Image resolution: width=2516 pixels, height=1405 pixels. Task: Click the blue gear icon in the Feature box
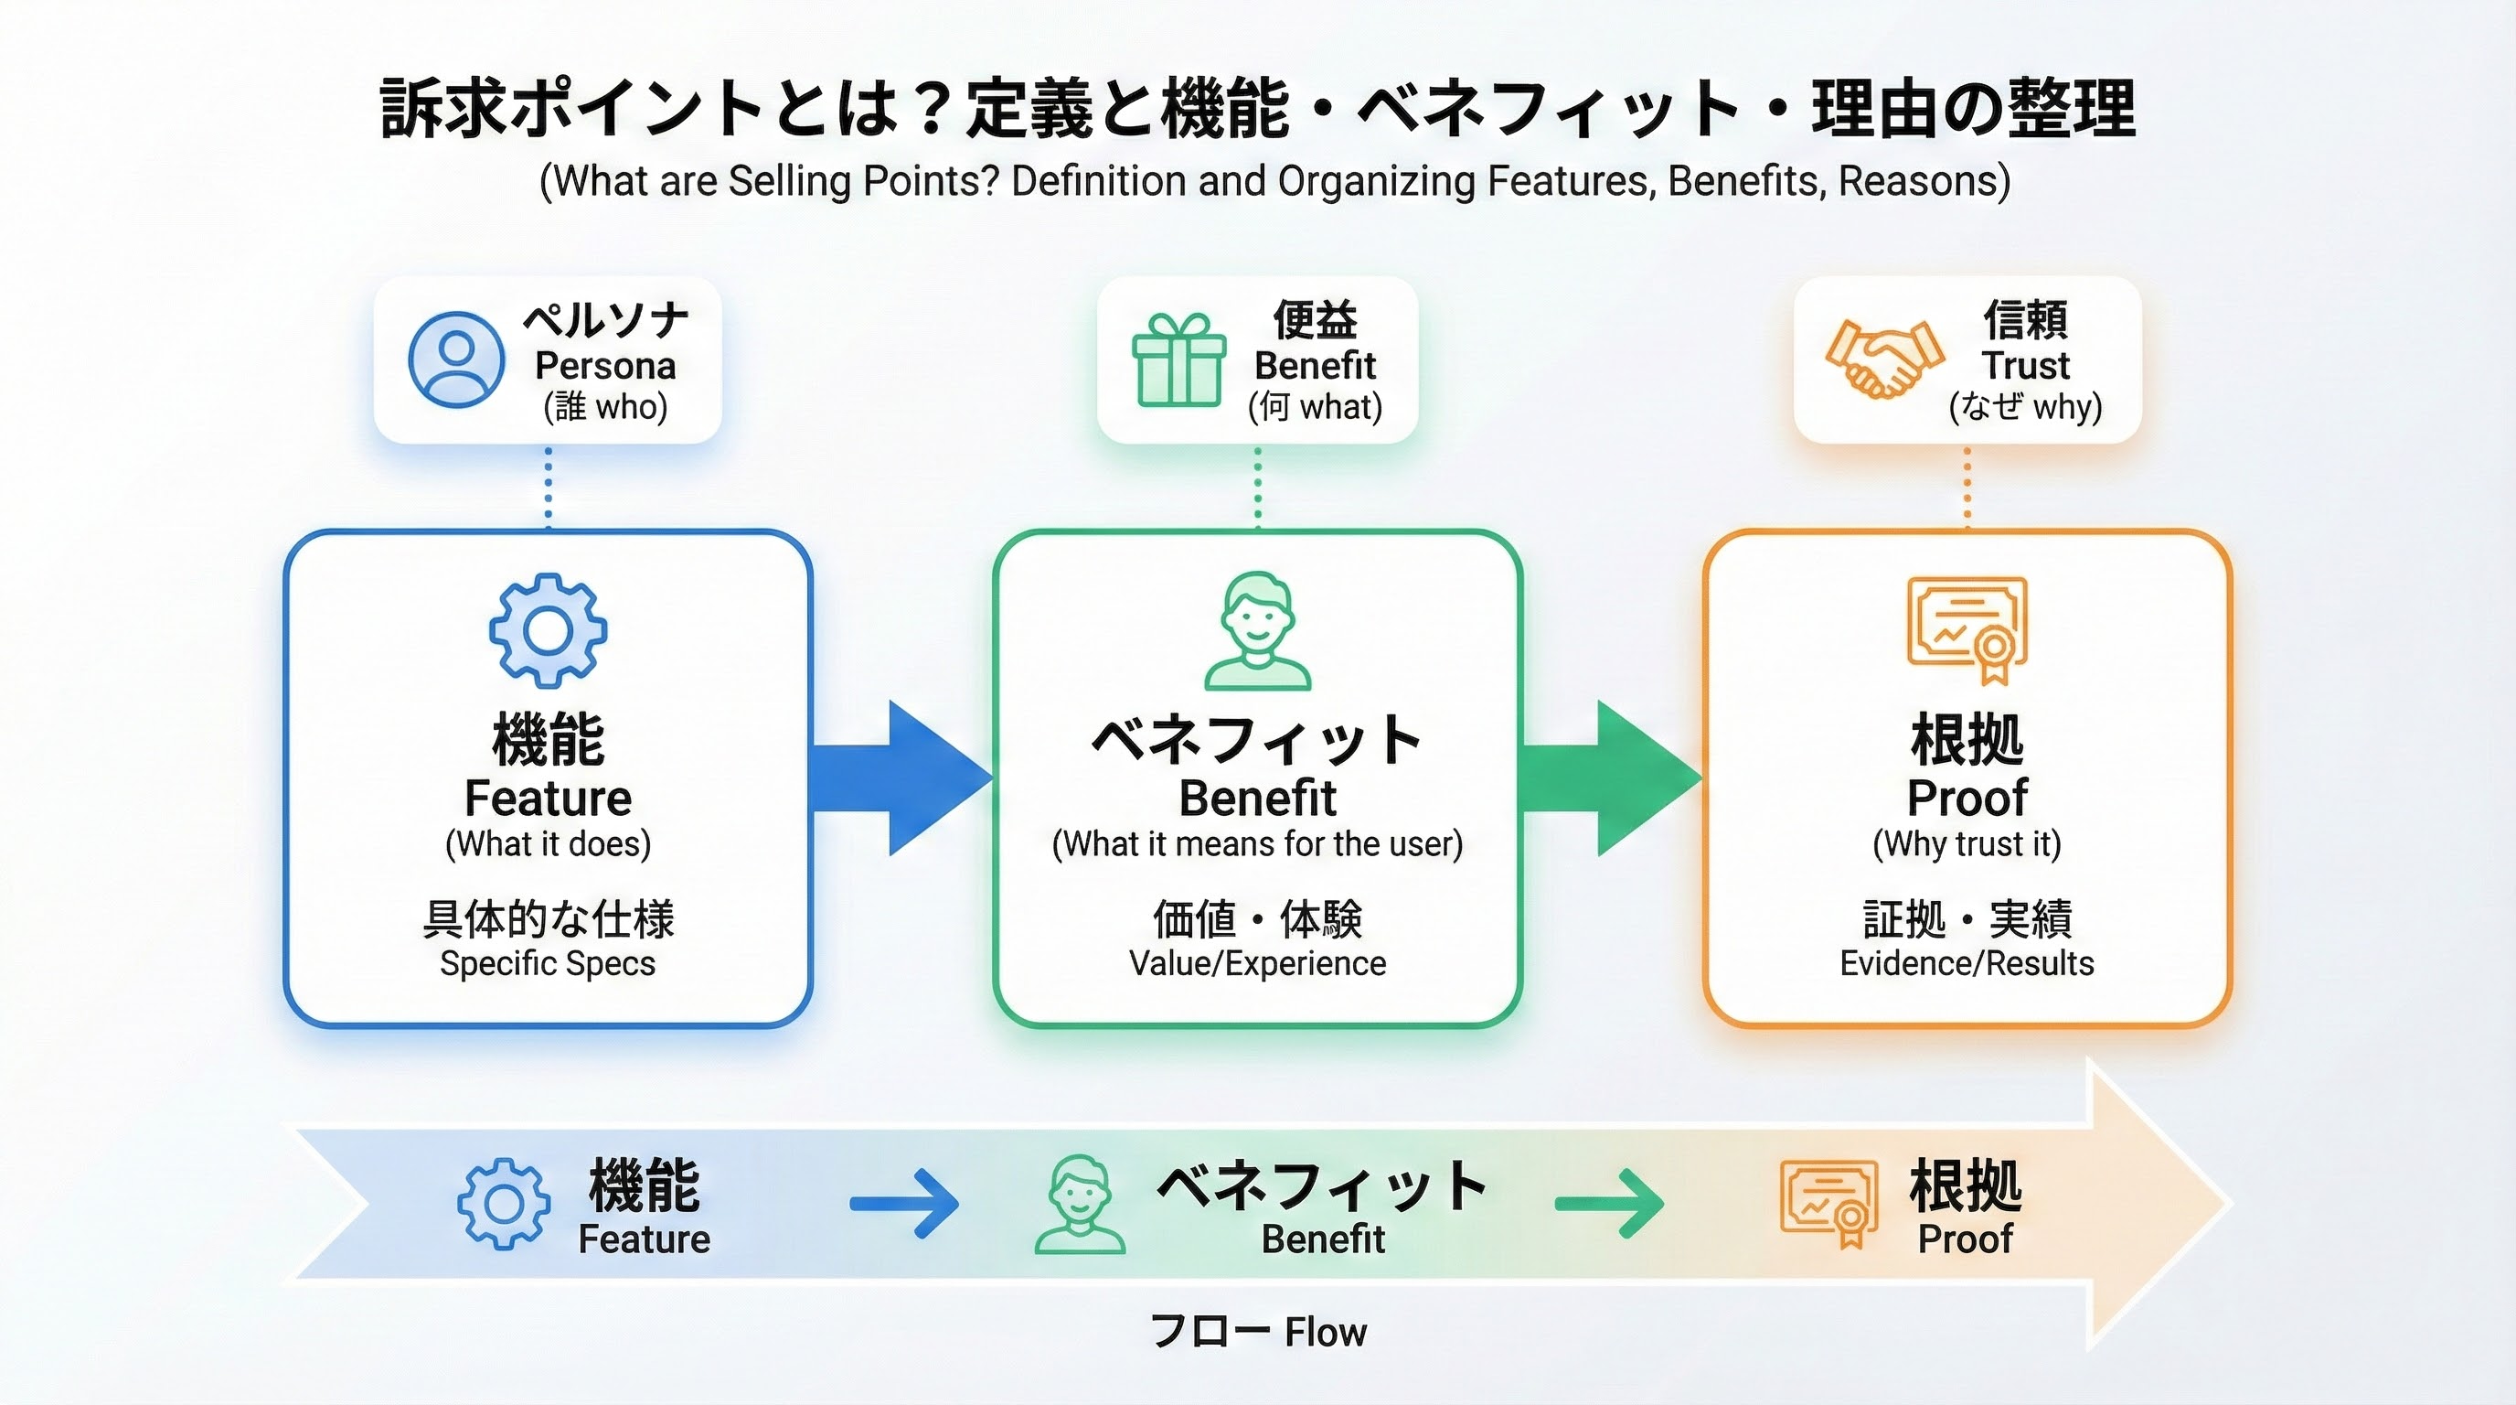pyautogui.click(x=548, y=631)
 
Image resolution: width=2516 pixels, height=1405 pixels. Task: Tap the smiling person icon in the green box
pyautogui.click(x=1257, y=632)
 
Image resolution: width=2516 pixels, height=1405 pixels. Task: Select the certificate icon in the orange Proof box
pyautogui.click(x=1967, y=630)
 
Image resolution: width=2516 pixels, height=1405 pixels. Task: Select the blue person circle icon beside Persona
pyautogui.click(x=456, y=359)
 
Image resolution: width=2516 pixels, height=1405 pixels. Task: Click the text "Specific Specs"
pyautogui.click(x=547, y=963)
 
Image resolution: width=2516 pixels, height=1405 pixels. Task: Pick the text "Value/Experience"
pyautogui.click(x=1257, y=963)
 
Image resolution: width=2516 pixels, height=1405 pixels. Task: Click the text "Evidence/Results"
pyautogui.click(x=1967, y=963)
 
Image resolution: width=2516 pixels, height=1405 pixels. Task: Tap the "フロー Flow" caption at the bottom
pyautogui.click(x=1258, y=1332)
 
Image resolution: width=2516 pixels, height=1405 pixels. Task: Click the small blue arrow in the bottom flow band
pyautogui.click(x=904, y=1204)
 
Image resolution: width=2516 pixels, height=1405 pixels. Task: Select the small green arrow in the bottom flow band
pyautogui.click(x=1610, y=1204)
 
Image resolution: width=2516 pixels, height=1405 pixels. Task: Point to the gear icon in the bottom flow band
pyautogui.click(x=503, y=1204)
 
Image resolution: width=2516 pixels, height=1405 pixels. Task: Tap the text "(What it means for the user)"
pyautogui.click(x=1257, y=843)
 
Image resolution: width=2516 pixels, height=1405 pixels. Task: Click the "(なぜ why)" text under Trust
pyautogui.click(x=2025, y=406)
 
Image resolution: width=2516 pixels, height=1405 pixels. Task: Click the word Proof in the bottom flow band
pyautogui.click(x=1965, y=1239)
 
